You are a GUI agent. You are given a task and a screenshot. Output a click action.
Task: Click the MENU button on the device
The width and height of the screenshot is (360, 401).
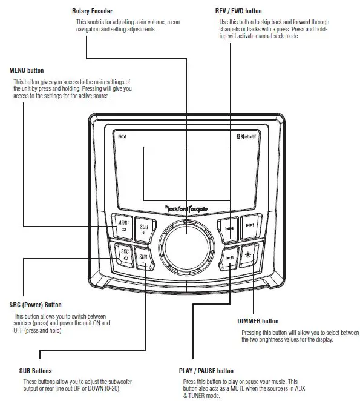pyautogui.click(x=123, y=227)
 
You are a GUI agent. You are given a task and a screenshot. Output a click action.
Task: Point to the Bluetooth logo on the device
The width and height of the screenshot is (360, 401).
pyautogui.click(x=246, y=137)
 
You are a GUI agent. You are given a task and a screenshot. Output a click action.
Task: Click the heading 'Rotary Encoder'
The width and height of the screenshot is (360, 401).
pyautogui.click(x=92, y=12)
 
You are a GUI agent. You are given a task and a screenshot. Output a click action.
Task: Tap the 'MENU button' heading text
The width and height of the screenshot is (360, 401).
pyautogui.click(x=27, y=71)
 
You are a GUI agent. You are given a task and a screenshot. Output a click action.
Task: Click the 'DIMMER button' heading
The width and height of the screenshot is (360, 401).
pyautogui.click(x=258, y=321)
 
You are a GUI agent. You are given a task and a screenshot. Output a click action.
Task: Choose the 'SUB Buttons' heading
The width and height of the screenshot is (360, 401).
pyautogui.click(x=35, y=370)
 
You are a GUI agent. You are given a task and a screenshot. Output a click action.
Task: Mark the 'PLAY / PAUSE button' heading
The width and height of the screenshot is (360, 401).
pyautogui.click(x=206, y=370)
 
